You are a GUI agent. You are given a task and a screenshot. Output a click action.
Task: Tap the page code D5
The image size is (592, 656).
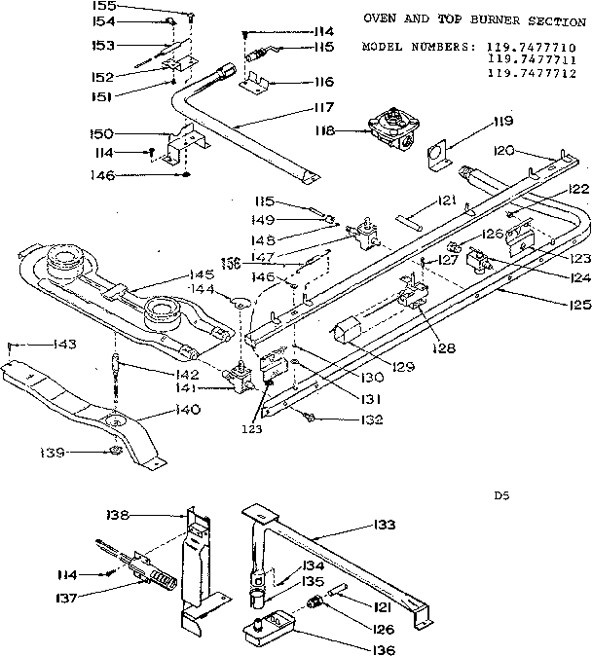click(501, 495)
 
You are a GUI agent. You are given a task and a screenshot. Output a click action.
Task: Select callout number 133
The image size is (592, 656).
click(385, 525)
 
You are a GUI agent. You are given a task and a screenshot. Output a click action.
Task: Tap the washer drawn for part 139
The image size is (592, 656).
click(114, 451)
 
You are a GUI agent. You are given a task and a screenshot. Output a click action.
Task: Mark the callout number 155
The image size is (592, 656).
click(157, 6)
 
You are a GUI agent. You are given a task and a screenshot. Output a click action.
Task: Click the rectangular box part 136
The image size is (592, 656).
click(269, 624)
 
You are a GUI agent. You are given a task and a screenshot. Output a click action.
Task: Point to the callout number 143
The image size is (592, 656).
click(38, 345)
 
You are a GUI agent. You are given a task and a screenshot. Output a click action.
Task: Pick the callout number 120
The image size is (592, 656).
click(530, 151)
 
